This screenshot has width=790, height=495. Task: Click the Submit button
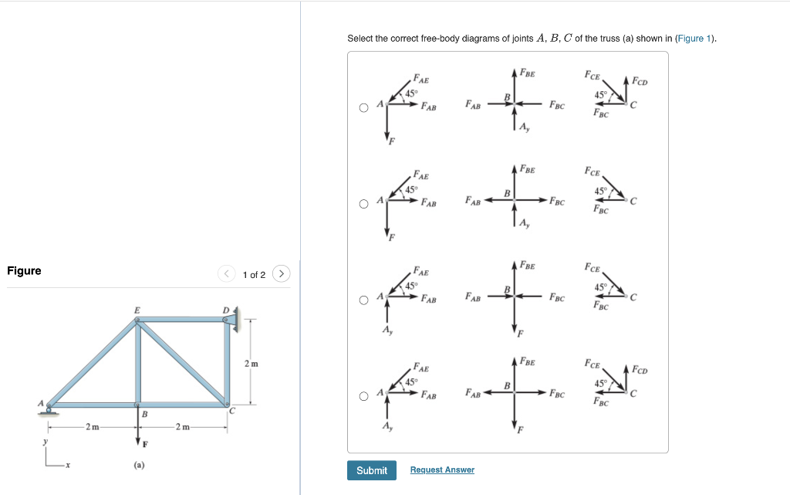tap(371, 470)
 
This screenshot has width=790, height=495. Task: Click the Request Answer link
tap(442, 470)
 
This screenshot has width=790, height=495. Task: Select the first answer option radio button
tap(363, 108)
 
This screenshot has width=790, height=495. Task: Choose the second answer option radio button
tap(363, 204)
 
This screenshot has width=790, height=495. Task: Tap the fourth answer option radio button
tap(363, 396)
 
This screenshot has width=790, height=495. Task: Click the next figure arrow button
tap(282, 273)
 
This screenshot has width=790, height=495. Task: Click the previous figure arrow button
tap(227, 273)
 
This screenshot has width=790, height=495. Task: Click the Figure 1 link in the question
tap(694, 39)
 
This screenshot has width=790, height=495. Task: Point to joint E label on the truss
tap(137, 310)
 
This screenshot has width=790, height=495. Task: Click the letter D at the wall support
tap(225, 310)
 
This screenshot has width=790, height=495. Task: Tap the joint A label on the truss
tap(41, 403)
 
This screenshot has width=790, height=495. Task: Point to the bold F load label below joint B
tap(144, 444)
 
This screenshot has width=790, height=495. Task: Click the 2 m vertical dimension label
tap(252, 363)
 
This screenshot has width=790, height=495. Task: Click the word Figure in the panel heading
tap(24, 271)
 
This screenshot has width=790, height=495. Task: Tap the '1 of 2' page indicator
tap(254, 275)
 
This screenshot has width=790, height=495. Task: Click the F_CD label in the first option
tap(640, 81)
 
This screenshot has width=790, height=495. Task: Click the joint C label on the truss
tap(231, 411)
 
